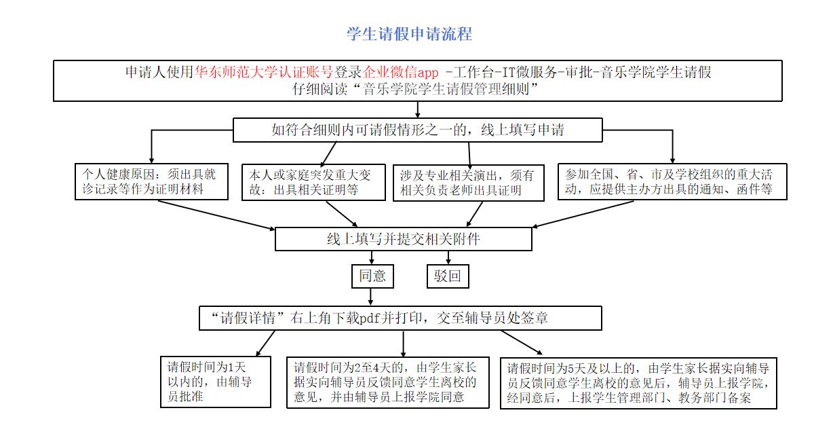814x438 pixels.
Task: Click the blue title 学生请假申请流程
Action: coord(409,34)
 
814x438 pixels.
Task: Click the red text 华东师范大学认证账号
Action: coord(264,72)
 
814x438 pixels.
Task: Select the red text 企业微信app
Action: coord(400,72)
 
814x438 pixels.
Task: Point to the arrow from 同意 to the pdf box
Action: coord(370,297)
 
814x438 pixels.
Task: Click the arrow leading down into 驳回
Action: coord(448,257)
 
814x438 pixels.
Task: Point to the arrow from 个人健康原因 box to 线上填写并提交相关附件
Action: coord(216,215)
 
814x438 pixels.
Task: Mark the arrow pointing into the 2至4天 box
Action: coord(404,344)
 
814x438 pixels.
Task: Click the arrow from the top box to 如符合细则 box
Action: coord(418,109)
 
